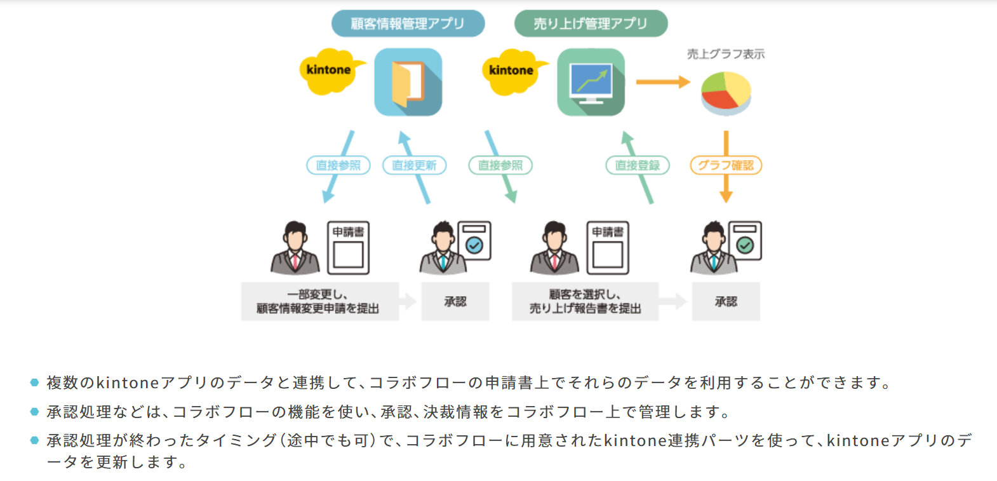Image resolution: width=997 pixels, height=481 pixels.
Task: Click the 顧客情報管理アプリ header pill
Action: [408, 24]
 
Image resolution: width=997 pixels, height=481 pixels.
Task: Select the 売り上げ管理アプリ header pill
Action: [591, 24]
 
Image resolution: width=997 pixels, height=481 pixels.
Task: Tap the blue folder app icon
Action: [408, 82]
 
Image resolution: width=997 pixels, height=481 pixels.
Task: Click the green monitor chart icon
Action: [591, 82]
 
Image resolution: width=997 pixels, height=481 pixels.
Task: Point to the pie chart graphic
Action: [726, 93]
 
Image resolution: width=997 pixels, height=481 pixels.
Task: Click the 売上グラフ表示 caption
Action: [726, 54]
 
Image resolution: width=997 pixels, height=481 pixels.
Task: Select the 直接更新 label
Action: [414, 165]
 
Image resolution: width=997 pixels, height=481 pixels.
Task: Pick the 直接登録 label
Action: [638, 165]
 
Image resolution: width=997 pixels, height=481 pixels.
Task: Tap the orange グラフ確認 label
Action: [726, 165]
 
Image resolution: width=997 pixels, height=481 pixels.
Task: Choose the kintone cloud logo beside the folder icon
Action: [329, 71]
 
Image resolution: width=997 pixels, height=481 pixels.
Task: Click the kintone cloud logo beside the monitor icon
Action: [512, 71]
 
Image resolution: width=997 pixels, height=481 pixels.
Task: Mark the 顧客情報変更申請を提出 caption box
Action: [319, 301]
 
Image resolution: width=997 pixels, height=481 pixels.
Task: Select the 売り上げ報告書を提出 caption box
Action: [585, 301]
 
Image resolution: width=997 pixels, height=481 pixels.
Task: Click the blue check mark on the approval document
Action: [474, 245]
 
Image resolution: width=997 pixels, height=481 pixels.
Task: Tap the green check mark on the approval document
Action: [745, 245]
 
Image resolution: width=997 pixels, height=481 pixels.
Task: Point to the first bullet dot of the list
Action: [34, 383]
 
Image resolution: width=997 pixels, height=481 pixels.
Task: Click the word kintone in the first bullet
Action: [127, 383]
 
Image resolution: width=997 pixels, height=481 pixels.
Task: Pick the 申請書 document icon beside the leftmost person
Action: [348, 248]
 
